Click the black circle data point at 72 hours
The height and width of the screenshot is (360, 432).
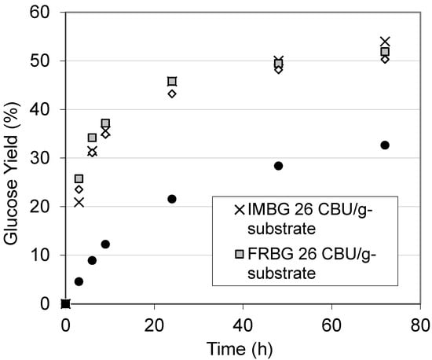tap(385, 145)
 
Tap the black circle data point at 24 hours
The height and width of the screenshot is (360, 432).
tap(172, 199)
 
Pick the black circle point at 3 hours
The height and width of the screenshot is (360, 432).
tap(79, 281)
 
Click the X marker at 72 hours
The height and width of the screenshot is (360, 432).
tap(385, 42)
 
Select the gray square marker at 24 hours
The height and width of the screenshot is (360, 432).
tap(172, 81)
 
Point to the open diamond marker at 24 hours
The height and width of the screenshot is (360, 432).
tap(172, 94)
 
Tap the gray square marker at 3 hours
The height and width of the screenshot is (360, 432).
tap(79, 179)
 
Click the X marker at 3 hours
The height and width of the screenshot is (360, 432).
tap(79, 202)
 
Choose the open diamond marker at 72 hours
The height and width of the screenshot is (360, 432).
tap(385, 59)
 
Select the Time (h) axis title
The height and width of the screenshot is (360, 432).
tap(243, 347)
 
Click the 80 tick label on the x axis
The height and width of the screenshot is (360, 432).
tap(420, 322)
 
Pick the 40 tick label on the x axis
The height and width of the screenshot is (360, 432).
tap(243, 322)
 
